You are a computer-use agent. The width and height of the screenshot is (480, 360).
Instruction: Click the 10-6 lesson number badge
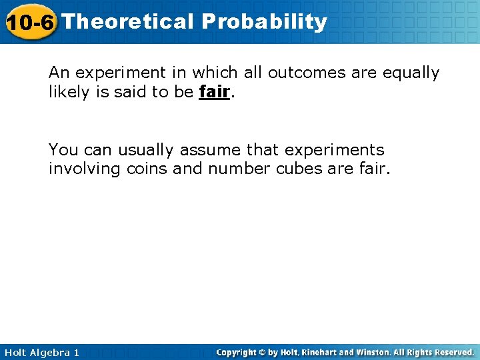click(30, 22)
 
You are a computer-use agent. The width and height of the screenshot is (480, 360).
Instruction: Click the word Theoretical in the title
click(127, 21)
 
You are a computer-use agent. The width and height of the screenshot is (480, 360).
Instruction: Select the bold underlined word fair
click(214, 92)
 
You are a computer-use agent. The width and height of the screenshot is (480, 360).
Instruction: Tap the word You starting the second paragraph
click(63, 150)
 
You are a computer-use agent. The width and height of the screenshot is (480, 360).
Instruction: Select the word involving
click(84, 169)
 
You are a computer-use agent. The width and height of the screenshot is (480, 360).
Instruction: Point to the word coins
click(147, 169)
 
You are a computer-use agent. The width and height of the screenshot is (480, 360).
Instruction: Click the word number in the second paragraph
click(238, 169)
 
